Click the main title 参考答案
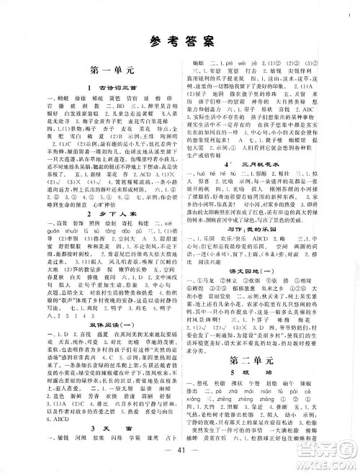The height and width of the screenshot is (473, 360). pos(179,42)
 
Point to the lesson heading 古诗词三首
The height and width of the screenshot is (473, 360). pos(99,87)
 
